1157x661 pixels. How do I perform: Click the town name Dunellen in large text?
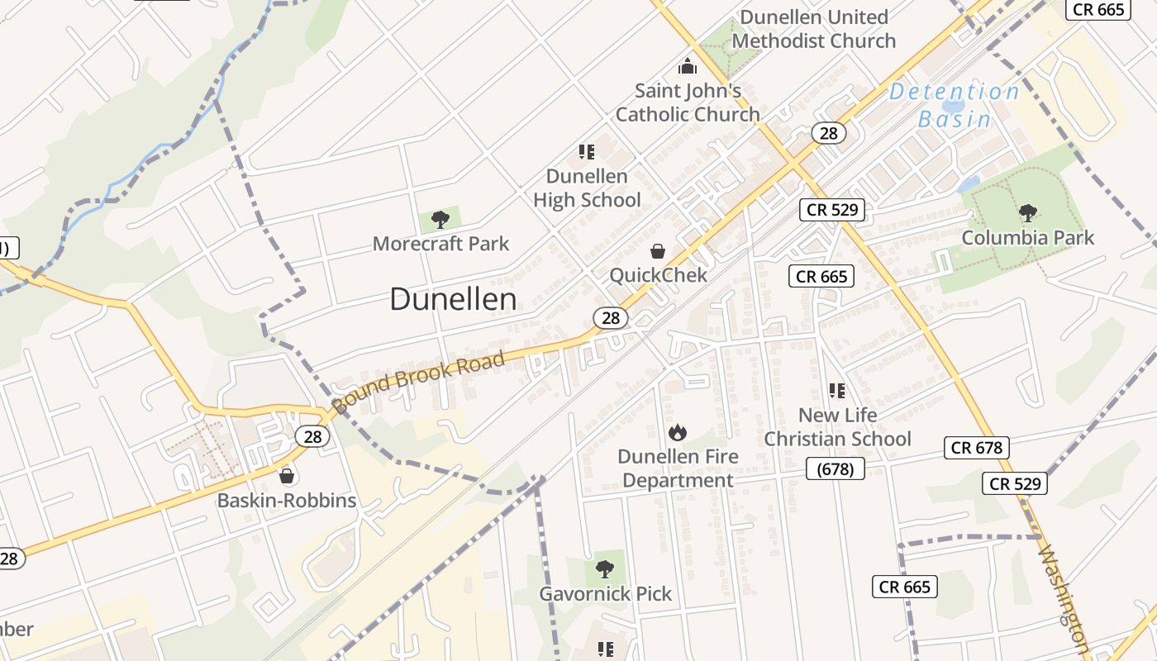(453, 299)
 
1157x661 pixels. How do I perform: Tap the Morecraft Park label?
(440, 244)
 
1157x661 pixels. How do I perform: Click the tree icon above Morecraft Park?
(440, 219)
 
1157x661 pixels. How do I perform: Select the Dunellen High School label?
(587, 188)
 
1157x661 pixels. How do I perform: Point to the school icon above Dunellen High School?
(587, 152)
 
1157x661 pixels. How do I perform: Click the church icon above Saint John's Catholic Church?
(687, 66)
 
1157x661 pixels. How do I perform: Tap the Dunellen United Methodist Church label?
(814, 29)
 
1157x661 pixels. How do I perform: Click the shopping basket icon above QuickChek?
(658, 250)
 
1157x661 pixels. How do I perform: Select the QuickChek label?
(658, 275)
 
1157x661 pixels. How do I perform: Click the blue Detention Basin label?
(955, 105)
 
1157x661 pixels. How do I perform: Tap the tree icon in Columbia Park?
(1027, 213)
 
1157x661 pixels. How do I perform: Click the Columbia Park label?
(1027, 238)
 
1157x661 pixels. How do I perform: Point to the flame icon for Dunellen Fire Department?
(677, 431)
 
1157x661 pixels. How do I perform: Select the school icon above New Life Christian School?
(837, 390)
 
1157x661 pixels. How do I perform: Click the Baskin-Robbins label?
(287, 501)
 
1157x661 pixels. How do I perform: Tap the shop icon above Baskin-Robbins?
(287, 476)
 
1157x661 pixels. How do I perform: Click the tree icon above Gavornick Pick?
(605, 568)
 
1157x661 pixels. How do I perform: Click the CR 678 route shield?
(977, 448)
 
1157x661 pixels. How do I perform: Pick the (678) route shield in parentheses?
(835, 469)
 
